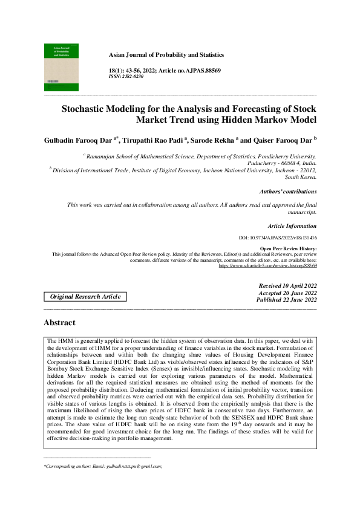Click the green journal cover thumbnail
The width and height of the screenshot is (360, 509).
point(61,66)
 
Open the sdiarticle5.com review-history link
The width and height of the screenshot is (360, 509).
point(268,265)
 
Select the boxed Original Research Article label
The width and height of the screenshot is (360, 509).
point(85,296)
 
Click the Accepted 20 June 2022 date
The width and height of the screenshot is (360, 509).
point(287,292)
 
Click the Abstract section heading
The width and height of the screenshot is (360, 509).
point(59,323)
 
